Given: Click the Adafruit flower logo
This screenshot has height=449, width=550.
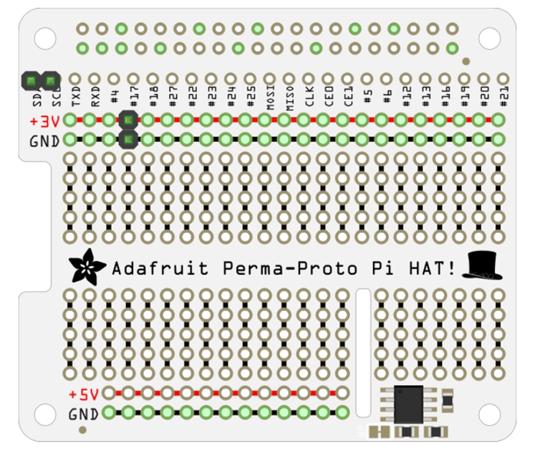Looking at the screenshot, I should (87, 268).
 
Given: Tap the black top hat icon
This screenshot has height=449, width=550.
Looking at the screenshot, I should (484, 265).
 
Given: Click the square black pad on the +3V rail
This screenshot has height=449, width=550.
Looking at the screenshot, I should (128, 120).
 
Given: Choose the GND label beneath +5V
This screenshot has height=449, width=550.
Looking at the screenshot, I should (84, 414).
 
